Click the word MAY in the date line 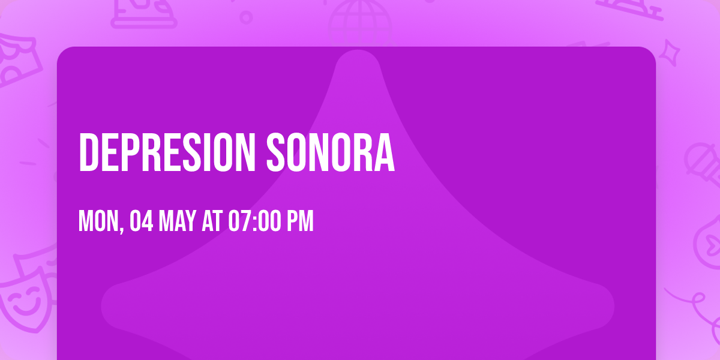(x=178, y=221)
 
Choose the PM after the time (x=300, y=221)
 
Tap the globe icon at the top (x=358, y=18)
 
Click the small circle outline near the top (x=246, y=17)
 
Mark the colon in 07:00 (x=251, y=221)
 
